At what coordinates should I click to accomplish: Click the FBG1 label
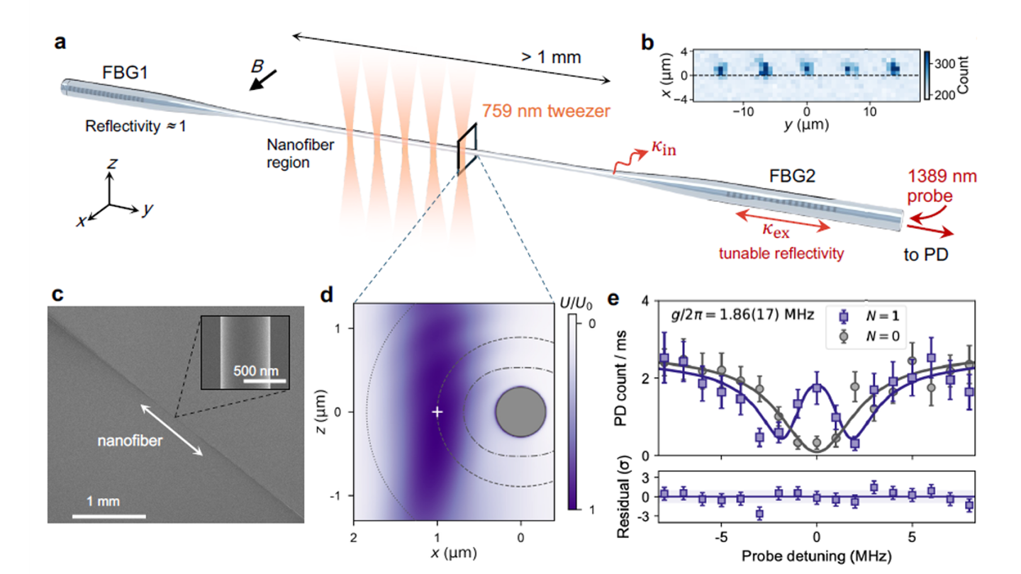[125, 73]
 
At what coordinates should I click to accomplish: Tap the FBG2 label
[792, 176]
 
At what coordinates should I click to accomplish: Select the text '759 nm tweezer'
[546, 111]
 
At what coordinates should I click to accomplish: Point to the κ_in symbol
[664, 147]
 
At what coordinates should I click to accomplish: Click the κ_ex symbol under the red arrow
[776, 230]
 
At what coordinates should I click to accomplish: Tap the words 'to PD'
[926, 254]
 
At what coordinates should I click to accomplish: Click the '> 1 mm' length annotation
[551, 57]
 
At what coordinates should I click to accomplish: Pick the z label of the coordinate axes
[112, 163]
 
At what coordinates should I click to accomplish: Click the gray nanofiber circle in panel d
[520, 412]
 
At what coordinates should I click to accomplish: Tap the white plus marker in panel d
[437, 412]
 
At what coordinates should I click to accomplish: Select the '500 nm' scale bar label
[256, 371]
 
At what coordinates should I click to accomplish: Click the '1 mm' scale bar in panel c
[109, 516]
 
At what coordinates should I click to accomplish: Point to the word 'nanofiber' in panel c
[130, 441]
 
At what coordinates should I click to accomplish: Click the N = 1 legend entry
[870, 316]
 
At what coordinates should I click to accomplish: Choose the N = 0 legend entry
[870, 337]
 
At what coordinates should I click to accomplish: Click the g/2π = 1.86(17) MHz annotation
[742, 315]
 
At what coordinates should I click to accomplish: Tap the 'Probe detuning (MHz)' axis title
[816, 556]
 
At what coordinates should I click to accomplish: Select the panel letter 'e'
[613, 298]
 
